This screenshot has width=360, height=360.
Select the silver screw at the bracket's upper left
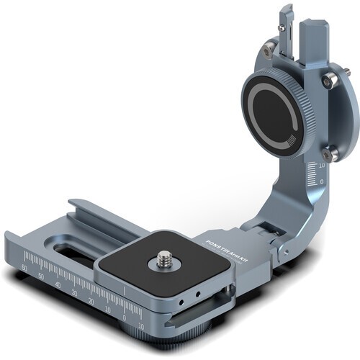point(269,48)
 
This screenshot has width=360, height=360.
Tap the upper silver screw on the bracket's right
point(328,81)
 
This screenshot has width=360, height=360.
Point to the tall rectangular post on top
point(315,43)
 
